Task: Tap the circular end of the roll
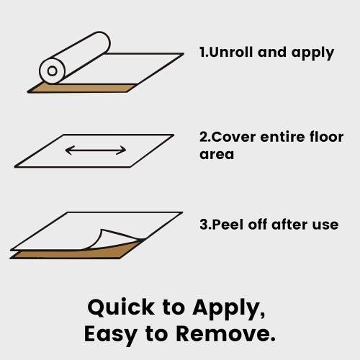52,71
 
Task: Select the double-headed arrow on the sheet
96,150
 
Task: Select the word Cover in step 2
231,138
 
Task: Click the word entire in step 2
279,138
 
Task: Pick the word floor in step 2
326,138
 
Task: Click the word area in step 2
217,155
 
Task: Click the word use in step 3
326,225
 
